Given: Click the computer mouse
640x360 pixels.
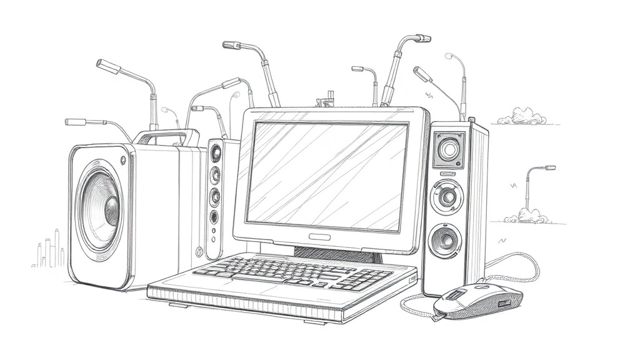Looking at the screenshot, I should click(478, 301).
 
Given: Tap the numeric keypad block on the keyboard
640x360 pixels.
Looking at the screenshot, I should click(369, 277).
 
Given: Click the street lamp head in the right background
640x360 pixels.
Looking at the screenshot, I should click(548, 167).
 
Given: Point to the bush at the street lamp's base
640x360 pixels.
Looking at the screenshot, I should click(527, 216).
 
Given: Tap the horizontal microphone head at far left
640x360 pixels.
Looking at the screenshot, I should click(76, 121).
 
